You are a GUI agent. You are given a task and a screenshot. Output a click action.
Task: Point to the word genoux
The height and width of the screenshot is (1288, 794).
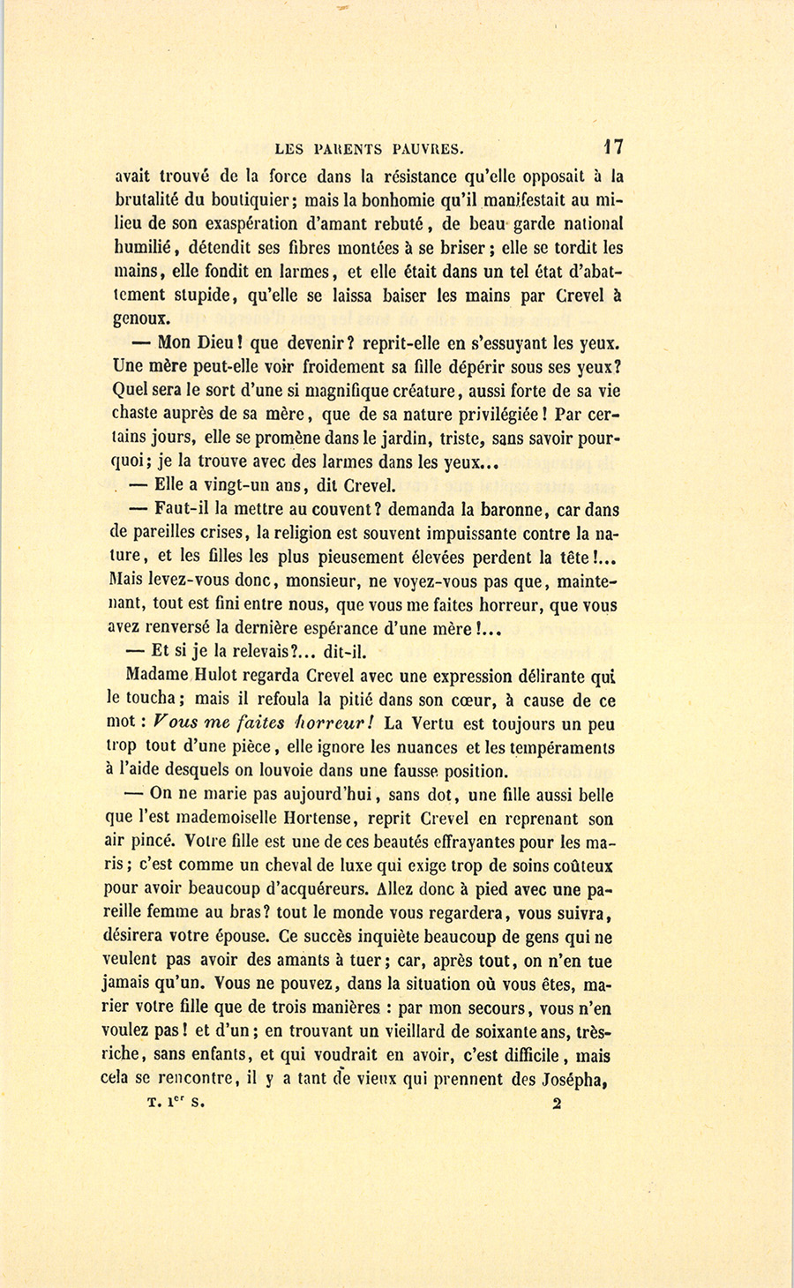[x=146, y=318]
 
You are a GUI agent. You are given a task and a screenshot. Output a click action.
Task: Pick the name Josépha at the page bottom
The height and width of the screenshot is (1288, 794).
[x=577, y=1079]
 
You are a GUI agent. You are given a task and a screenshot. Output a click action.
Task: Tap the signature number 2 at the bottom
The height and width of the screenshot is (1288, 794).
[x=556, y=1102]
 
